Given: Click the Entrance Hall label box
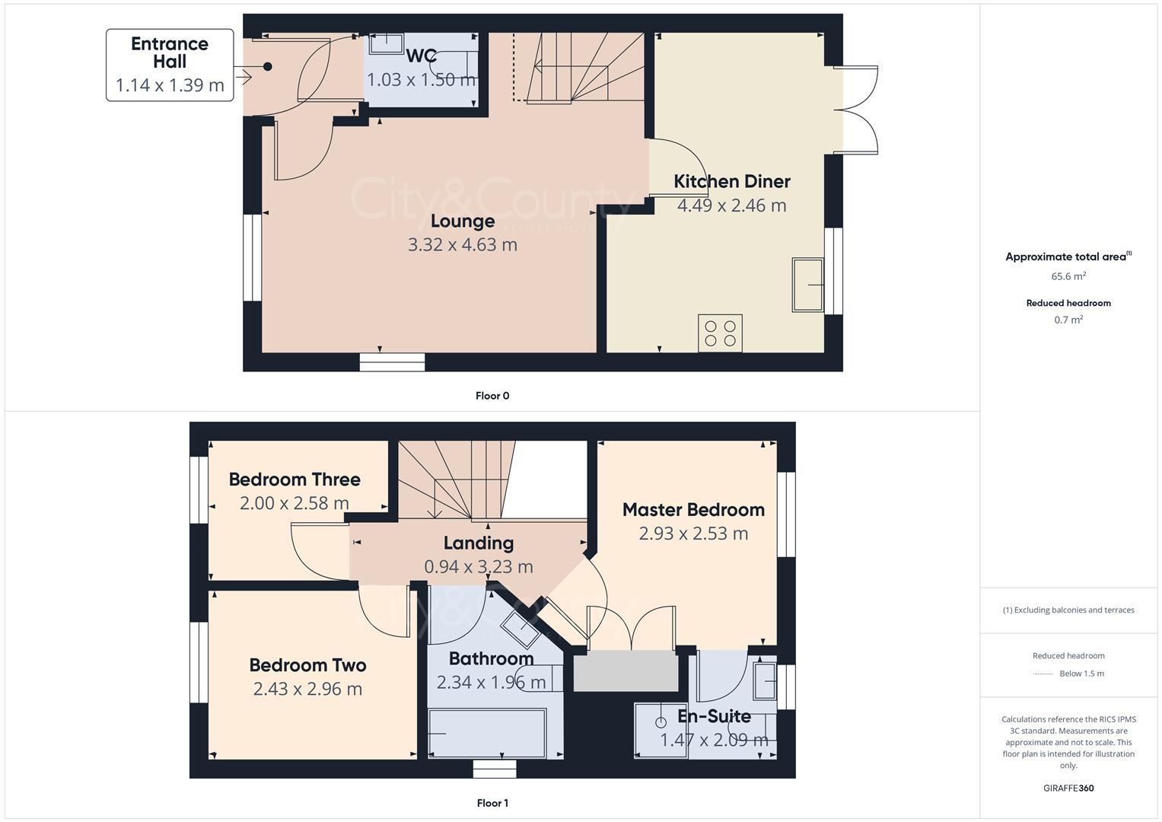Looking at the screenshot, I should click(170, 65).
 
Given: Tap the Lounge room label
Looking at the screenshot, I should click(463, 221).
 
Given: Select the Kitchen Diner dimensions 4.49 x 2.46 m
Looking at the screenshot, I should click(731, 205).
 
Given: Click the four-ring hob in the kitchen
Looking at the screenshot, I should click(720, 333).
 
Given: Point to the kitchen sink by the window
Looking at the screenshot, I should click(807, 285).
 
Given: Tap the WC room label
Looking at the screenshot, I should click(421, 56).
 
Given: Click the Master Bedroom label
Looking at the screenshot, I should click(693, 510).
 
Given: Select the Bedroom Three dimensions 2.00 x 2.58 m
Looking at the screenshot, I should click(294, 503).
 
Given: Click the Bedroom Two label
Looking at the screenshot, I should click(307, 665).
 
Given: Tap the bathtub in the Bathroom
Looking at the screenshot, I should click(487, 734).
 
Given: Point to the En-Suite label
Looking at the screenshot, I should click(714, 716).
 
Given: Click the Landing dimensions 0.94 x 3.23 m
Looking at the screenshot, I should click(478, 567).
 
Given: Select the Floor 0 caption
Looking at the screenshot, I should click(492, 396).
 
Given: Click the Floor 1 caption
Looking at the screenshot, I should click(492, 803).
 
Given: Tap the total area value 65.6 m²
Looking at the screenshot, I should click(1068, 276).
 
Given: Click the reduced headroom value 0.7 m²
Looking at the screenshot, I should click(1068, 320).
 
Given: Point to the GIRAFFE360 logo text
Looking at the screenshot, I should click(1068, 788).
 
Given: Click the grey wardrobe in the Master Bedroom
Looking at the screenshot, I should click(626, 671).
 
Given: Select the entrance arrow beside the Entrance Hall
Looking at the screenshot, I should click(244, 76).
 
